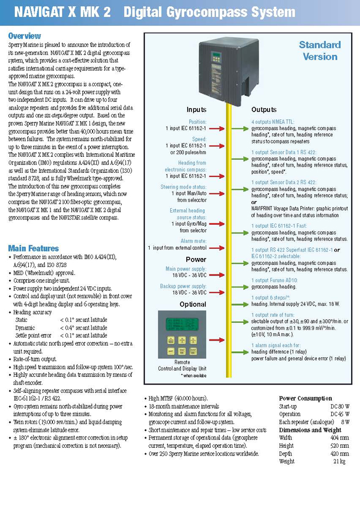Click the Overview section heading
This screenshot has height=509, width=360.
25,36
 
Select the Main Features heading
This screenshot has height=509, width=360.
33,248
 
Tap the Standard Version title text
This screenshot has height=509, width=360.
320,51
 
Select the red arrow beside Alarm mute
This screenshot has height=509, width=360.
217,248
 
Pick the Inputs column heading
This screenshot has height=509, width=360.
196,110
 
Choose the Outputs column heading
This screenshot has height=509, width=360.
264,110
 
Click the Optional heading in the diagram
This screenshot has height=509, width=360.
193,304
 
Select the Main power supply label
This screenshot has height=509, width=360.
186,269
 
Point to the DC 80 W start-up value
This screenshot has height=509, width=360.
340,406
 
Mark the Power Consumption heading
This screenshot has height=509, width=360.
305,398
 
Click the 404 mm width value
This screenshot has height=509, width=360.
340,438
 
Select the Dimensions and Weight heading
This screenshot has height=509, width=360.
310,430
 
